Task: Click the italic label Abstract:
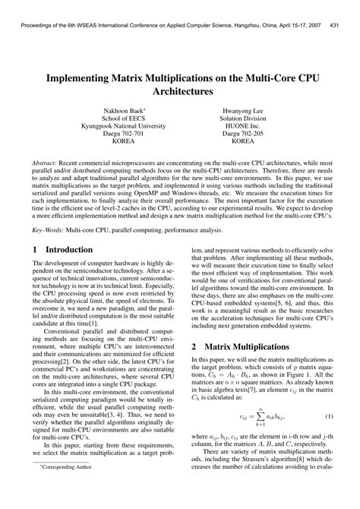pos(47,163)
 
